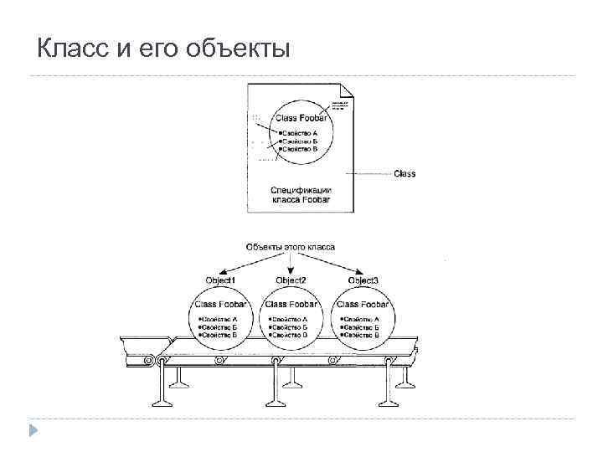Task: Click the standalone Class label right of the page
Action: click(x=405, y=174)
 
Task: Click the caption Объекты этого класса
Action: click(x=291, y=247)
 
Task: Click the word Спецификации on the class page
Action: click(x=303, y=190)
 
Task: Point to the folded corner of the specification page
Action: click(x=349, y=92)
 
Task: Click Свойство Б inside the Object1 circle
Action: click(x=219, y=326)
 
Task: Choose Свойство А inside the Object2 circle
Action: click(x=289, y=319)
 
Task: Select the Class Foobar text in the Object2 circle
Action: click(x=291, y=305)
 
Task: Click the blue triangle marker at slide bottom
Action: click(x=33, y=432)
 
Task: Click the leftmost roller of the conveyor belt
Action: click(x=149, y=361)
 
